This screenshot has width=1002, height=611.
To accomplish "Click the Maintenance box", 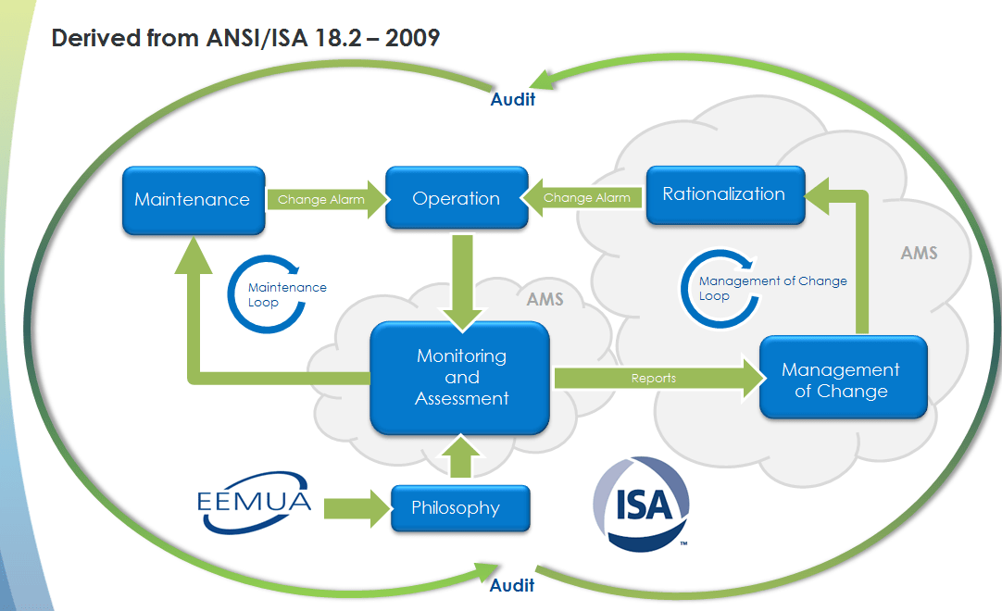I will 193,199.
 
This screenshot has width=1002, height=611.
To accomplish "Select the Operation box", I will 457,198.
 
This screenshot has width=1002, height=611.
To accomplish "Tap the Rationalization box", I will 724,194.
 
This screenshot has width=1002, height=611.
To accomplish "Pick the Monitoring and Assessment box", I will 461,378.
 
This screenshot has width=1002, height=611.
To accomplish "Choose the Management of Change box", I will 841,380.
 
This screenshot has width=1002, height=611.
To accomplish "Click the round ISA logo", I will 641,501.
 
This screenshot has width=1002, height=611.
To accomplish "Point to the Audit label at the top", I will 513,99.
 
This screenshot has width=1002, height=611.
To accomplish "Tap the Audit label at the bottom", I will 512,585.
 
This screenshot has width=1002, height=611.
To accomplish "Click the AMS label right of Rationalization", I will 919,253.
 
